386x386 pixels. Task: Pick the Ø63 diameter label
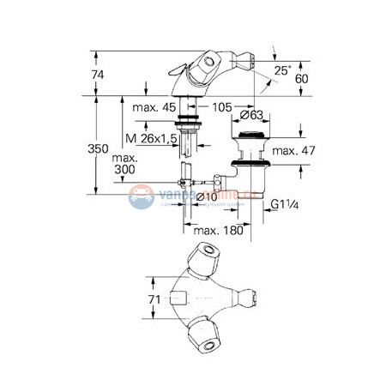(250, 115)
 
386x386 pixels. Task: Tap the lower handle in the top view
(206, 331)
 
